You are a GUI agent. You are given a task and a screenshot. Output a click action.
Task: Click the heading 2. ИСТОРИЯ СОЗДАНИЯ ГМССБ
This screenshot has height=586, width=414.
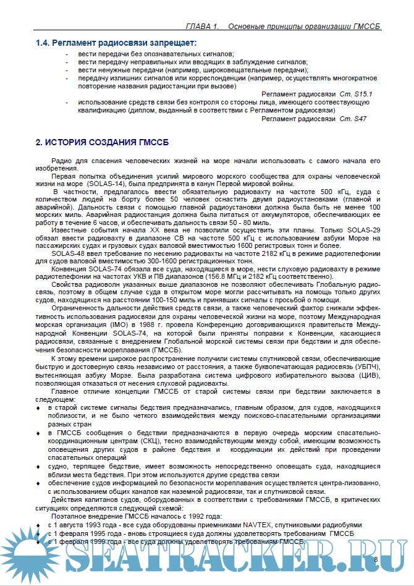[x=102, y=143]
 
